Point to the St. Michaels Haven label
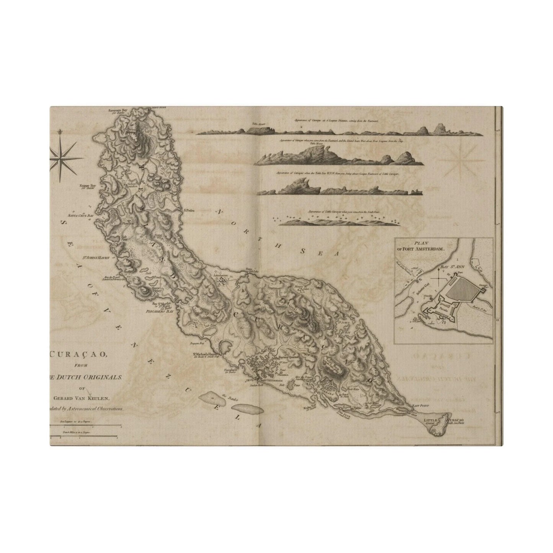[205, 355]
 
